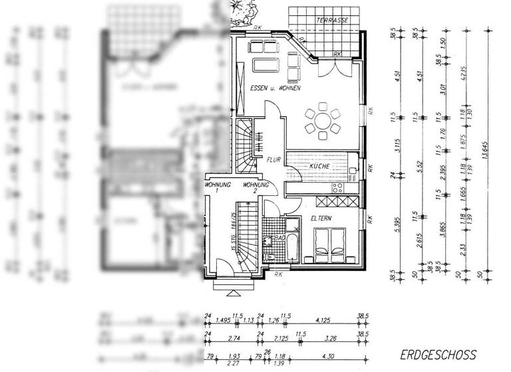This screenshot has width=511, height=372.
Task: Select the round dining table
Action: click(322, 120)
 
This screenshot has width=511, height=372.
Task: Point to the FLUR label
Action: click(273, 160)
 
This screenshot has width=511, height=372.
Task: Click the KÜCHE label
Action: click(321, 165)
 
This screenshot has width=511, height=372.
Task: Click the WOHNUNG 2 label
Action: click(255, 187)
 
